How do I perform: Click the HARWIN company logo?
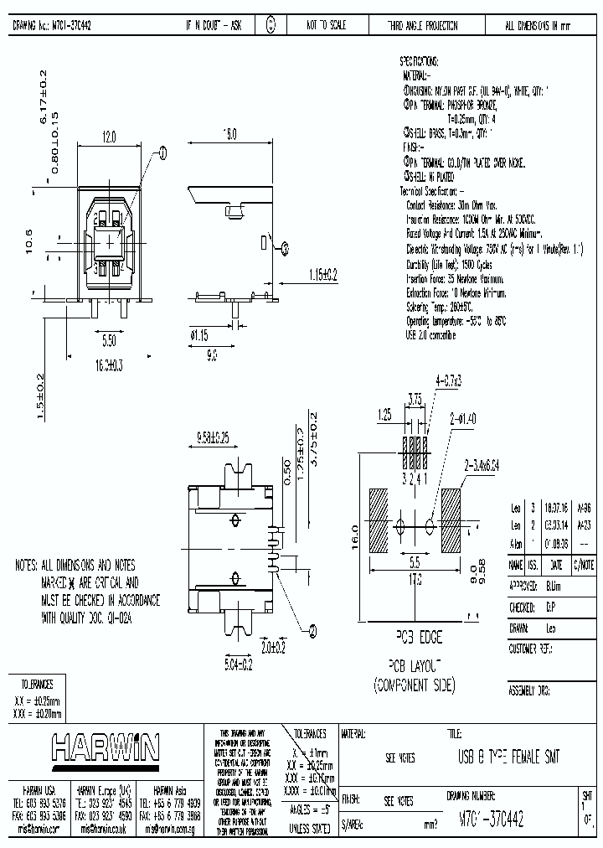coord(106,747)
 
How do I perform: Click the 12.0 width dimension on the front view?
coord(109,134)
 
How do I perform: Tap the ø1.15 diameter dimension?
coord(199,335)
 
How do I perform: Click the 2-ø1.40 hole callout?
coord(462,416)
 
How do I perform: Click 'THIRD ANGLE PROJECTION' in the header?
coord(422,26)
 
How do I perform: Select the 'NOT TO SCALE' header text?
coord(326,26)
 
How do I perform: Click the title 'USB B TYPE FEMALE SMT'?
coord(508,758)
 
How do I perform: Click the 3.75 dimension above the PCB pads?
coord(414,399)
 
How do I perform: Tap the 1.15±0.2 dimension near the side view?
coord(322,274)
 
